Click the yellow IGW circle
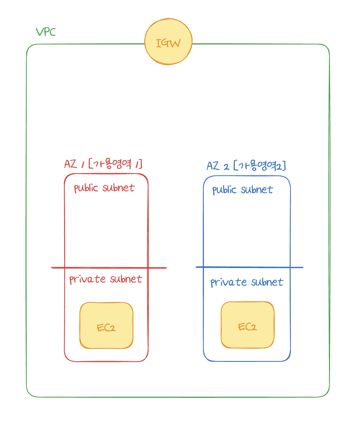tap(169, 42)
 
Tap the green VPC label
tap(46, 32)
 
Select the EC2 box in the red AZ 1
tap(106, 326)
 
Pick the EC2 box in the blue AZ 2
tap(248, 325)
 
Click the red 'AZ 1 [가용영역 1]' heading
tap(103, 164)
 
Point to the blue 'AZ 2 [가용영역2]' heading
tap(246, 166)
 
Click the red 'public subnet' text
tap(104, 188)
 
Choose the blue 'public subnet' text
tap(242, 190)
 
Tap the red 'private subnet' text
tap(106, 279)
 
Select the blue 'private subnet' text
tap(247, 282)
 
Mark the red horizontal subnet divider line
tap(109, 268)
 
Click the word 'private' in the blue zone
tap(229, 282)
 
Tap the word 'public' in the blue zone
tap(224, 190)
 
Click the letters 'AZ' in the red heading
tap(70, 164)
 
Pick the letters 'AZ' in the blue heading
tap(213, 166)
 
